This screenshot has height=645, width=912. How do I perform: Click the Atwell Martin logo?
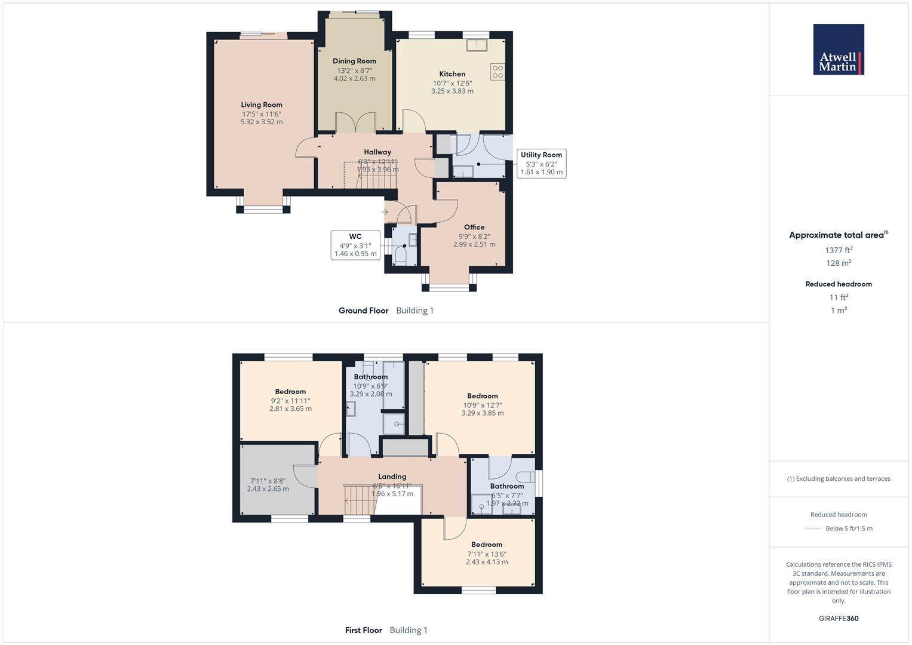(x=839, y=49)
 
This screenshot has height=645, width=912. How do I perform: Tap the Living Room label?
(x=262, y=105)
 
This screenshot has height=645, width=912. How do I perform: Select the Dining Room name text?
(x=354, y=61)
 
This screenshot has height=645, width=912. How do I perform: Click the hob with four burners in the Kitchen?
(x=498, y=72)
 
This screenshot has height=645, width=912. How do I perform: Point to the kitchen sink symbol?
(x=477, y=45)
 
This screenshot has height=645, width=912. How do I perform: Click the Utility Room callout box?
(x=541, y=163)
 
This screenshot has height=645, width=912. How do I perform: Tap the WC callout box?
(x=355, y=245)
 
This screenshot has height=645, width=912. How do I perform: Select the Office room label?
(x=474, y=227)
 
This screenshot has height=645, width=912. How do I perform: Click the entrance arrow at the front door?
(x=385, y=211)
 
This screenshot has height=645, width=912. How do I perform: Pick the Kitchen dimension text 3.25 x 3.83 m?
(x=452, y=91)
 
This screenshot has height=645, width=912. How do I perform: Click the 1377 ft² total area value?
(x=839, y=250)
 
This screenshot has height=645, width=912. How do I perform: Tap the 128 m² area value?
(x=839, y=263)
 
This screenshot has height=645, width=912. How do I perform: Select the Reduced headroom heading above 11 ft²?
(x=839, y=284)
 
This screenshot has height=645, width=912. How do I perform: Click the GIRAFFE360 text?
(x=839, y=618)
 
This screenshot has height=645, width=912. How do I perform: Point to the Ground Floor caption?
(x=363, y=311)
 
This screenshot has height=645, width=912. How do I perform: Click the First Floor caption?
(x=363, y=630)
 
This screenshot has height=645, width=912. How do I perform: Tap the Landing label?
(x=392, y=477)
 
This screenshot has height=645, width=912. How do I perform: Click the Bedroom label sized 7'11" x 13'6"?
(x=487, y=545)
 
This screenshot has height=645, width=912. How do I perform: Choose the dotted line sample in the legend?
(x=813, y=529)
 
